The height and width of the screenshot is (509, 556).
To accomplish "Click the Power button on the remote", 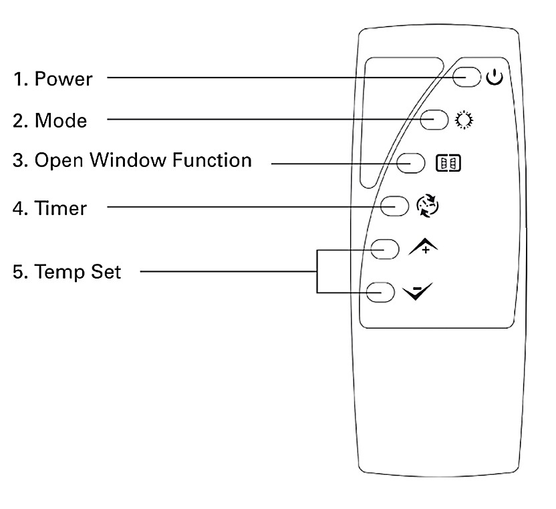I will point(466,77).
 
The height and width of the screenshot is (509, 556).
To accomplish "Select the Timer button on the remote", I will point(394,206).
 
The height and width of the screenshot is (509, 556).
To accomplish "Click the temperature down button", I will point(378,292).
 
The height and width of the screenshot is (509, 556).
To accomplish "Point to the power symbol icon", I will point(494,77).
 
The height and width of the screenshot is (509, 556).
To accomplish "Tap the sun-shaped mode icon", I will point(462,121).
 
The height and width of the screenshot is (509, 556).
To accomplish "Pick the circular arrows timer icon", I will point(428,206).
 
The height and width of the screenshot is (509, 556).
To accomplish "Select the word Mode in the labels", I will point(61,121).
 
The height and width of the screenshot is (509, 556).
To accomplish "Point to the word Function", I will point(212,161).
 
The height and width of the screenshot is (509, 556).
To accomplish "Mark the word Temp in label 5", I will point(58,273).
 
